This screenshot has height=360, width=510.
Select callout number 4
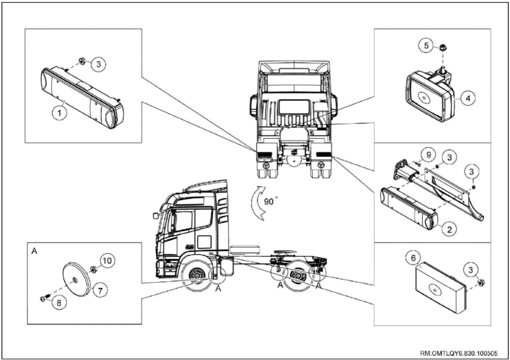point(468,98)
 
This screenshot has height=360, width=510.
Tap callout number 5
point(426,45)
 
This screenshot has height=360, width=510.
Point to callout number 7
point(100,290)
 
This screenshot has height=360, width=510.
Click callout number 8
point(59,302)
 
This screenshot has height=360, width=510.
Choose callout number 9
point(428,155)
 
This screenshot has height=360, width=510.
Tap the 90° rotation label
point(269,202)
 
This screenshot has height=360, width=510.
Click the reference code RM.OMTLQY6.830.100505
point(459,353)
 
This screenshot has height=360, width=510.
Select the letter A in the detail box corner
point(34,251)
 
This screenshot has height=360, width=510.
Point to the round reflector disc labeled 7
point(76,280)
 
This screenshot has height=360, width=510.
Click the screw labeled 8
point(44,298)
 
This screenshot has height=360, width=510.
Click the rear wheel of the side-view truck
point(297,276)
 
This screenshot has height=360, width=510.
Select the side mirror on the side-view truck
point(155,215)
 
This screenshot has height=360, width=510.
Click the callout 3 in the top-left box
point(99,64)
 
